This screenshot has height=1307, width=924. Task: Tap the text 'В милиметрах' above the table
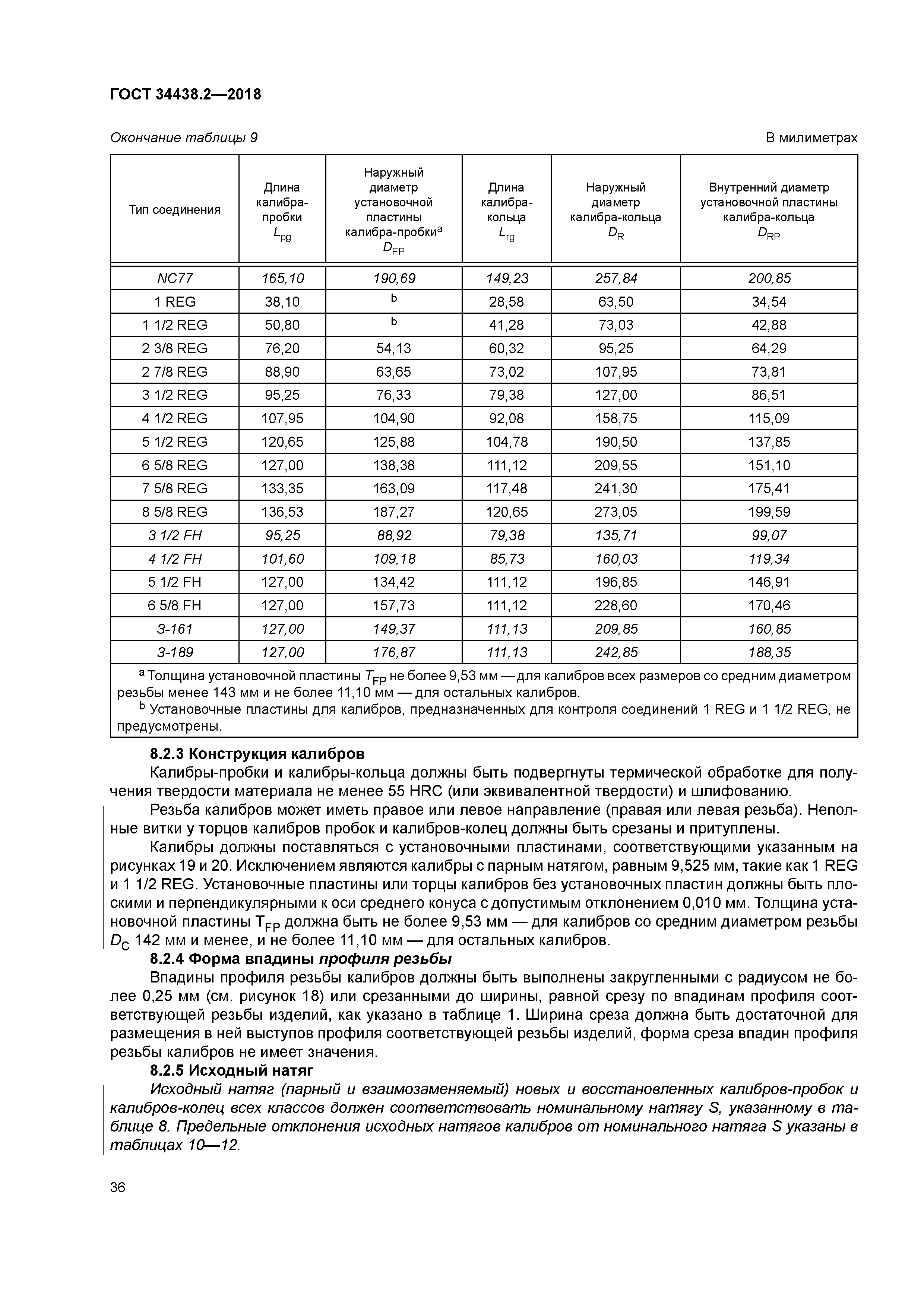click(x=811, y=138)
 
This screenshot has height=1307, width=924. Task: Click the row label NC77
click(x=174, y=278)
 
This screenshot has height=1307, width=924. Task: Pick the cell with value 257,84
click(x=616, y=278)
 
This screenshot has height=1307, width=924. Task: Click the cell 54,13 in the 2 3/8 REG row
click(x=393, y=348)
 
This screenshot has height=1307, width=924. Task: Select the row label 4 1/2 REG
click(x=174, y=418)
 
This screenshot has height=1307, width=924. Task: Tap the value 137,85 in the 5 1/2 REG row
click(x=769, y=442)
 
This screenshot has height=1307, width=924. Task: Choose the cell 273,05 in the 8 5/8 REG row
click(x=616, y=512)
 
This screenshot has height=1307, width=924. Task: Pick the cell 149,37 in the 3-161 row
click(x=393, y=629)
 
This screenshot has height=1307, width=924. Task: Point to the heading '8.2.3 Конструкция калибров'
click(x=257, y=754)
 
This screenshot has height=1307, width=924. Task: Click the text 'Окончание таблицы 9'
click(x=183, y=138)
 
